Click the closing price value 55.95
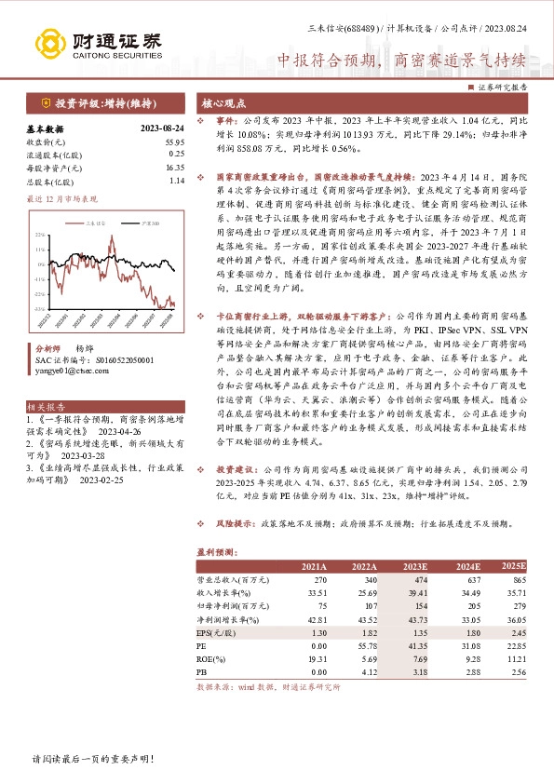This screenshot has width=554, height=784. (x=174, y=141)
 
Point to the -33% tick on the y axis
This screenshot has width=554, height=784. (x=39, y=307)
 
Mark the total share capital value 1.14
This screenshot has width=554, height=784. (x=176, y=182)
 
